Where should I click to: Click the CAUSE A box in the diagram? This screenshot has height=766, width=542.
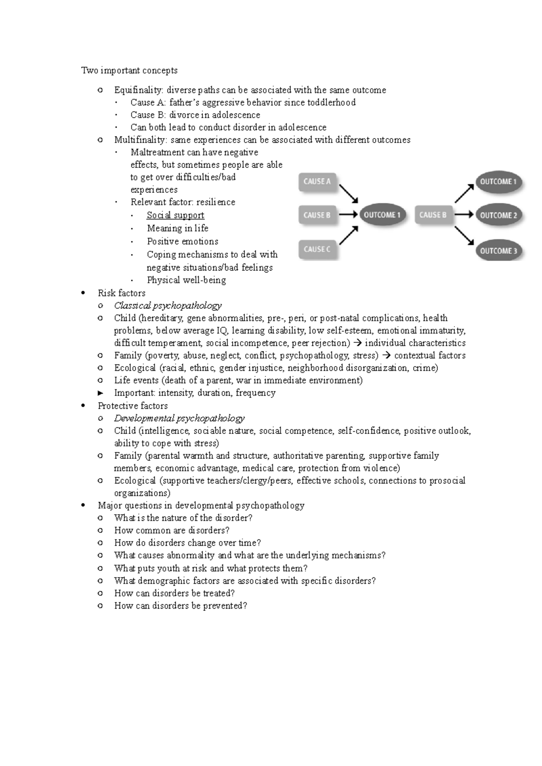317,182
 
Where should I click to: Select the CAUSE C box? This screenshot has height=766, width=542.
317,249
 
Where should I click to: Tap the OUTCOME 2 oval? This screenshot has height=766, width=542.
498,216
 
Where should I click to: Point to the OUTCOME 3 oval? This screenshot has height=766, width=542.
498,251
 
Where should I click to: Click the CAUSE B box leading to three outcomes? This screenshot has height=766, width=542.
433,215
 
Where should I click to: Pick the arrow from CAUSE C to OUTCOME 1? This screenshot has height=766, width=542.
348,236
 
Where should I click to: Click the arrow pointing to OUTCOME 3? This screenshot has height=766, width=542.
464,236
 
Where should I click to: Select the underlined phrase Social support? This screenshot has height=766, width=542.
175,216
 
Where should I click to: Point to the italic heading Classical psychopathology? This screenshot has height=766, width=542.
168,306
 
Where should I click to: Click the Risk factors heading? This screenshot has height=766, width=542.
121,293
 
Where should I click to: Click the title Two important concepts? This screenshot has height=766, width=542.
129,70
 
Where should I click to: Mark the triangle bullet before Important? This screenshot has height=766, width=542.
101,393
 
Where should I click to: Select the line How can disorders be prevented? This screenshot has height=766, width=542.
181,606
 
